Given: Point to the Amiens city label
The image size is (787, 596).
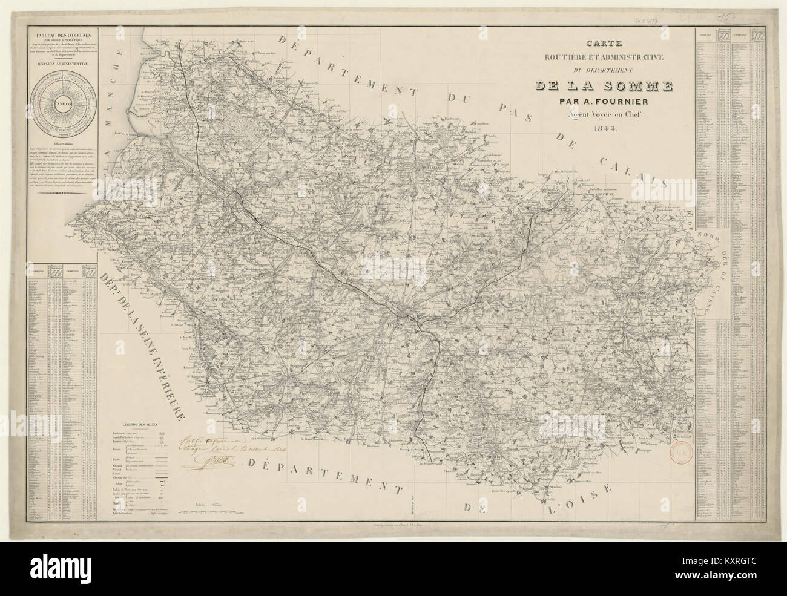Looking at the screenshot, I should click(390, 325).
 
